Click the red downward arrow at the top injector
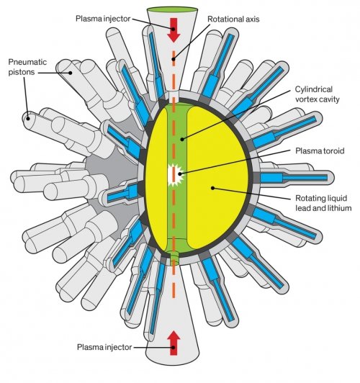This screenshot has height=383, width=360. tap(174, 30)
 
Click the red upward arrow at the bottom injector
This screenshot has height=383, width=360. tap(174, 343)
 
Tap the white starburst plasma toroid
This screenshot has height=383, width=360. tap(176, 175)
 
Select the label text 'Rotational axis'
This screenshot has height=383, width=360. tap(233, 19)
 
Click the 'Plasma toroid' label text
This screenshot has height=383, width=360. tap(320, 151)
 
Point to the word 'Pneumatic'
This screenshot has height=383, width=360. tap(27, 62)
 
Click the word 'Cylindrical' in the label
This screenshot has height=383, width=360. tap(314, 89)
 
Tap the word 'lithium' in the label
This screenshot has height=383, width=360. tap(338, 208)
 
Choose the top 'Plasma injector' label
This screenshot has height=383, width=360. tap(103, 19)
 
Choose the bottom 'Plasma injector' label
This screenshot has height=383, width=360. tap(104, 347)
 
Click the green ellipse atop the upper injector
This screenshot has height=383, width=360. tap(172, 10)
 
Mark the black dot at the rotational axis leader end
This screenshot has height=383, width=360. tap(174, 59)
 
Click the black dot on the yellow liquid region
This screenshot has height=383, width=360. tap(213, 188)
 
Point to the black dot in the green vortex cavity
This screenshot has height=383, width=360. tap(182, 140)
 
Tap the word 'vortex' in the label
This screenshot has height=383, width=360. tap(306, 99)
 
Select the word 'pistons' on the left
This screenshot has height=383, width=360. tap(22, 72)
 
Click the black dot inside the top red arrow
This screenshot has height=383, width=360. tap(174, 29)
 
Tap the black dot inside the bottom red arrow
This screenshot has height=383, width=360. tap(174, 347)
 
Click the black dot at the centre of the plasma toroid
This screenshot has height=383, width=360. tap(180, 174)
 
